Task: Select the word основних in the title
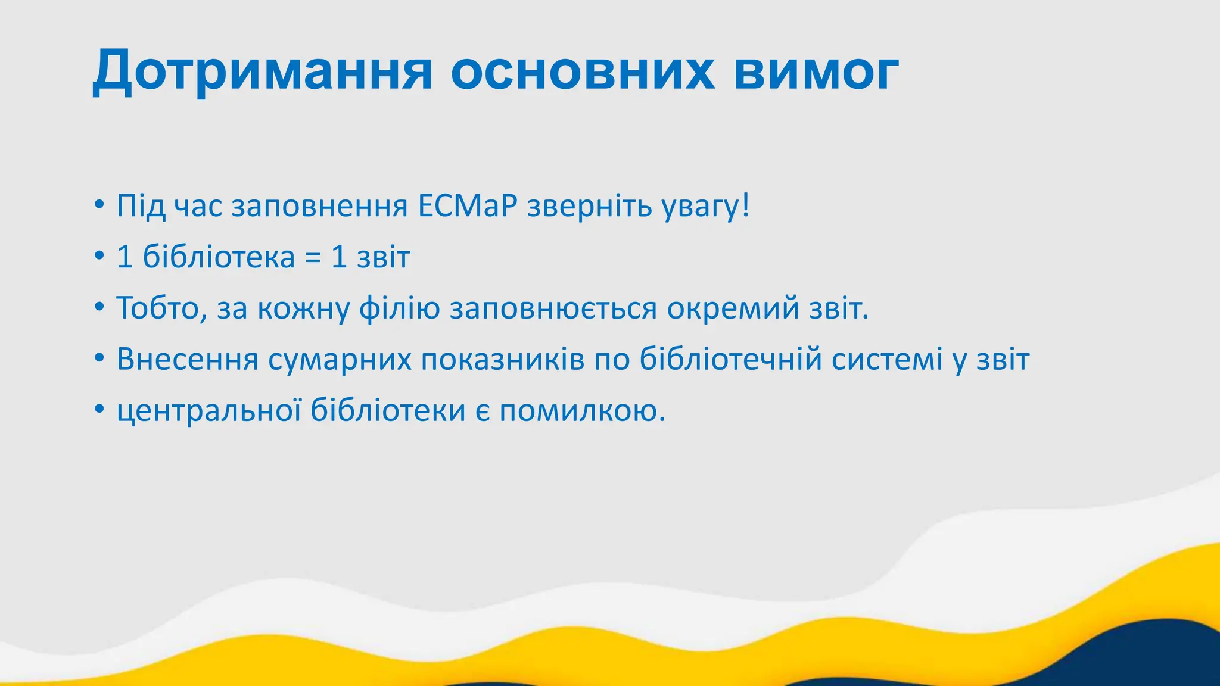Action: coord(582,71)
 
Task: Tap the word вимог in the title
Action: coord(816,71)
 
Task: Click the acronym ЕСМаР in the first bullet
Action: coord(467,206)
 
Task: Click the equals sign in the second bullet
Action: coord(313,257)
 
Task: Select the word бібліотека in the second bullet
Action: coord(219,257)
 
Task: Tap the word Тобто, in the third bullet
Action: coord(161,308)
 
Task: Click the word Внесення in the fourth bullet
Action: coord(187,360)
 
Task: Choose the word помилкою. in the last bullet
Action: coord(582,411)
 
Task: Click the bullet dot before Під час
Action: coord(99,206)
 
